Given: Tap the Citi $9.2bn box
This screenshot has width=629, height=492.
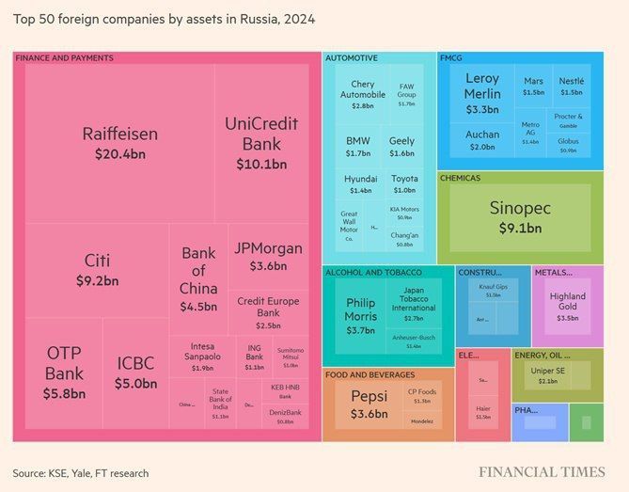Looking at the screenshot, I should [x=97, y=270].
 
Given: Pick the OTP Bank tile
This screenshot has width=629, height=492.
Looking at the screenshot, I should [x=64, y=373].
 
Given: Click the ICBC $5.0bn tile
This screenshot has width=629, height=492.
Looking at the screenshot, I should [x=136, y=373].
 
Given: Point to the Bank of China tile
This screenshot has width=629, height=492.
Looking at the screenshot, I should [x=198, y=278].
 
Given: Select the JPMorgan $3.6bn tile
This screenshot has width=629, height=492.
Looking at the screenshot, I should [x=267, y=256].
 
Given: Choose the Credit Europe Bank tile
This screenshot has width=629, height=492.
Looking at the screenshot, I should [x=267, y=312].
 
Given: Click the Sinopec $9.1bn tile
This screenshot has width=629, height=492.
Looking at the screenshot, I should [x=520, y=216].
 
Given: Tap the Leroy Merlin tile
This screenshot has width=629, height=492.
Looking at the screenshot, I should [x=481, y=94].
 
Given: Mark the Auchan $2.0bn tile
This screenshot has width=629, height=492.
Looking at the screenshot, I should [x=481, y=140].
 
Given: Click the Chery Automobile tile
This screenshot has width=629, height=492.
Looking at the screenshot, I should [x=362, y=96].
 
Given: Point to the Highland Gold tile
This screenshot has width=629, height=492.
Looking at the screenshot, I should [x=567, y=307].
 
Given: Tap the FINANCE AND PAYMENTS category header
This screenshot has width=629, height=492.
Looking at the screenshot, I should [x=65, y=58].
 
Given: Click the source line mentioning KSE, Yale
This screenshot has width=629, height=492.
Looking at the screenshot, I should [x=80, y=472].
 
